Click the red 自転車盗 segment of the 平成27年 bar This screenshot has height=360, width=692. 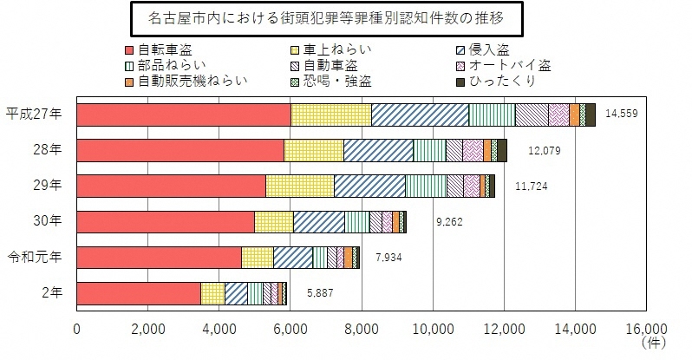pyautogui.click(x=184, y=115)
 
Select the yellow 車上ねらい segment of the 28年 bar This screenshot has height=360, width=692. pyautogui.click(x=313, y=150)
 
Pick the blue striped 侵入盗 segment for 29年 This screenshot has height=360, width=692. pyautogui.click(x=369, y=186)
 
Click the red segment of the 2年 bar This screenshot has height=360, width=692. pyautogui.click(x=139, y=293)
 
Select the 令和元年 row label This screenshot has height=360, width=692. pyautogui.click(x=34, y=258)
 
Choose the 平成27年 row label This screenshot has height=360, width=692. pyautogui.click(x=34, y=115)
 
